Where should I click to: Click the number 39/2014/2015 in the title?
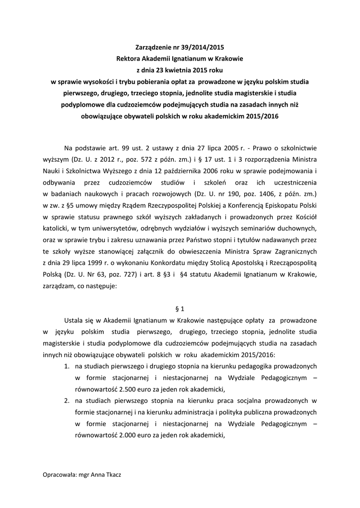[202, 48]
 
